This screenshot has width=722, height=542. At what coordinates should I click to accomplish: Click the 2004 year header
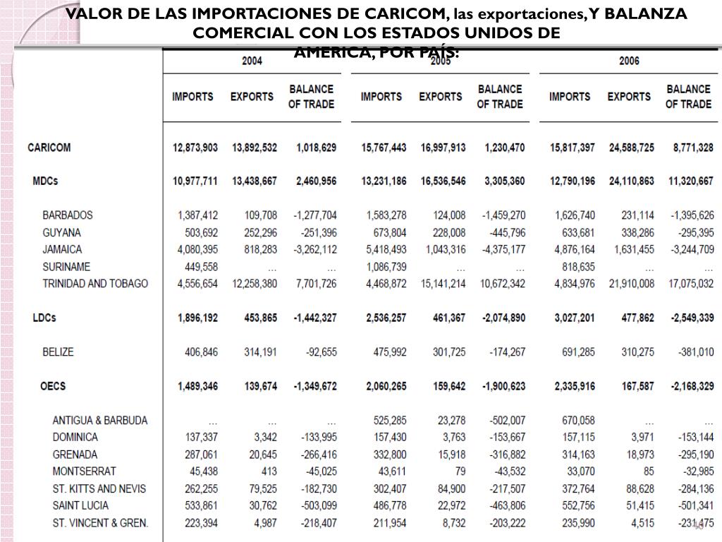coord(252,61)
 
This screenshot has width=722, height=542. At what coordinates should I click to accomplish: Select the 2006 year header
coord(629,61)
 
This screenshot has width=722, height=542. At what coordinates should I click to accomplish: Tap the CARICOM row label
coord(49,147)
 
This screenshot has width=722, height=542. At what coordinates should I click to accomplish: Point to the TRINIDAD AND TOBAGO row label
coord(95,284)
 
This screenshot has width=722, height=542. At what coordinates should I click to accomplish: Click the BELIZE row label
coord(58,351)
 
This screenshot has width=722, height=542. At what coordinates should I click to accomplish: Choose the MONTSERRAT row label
coord(84,471)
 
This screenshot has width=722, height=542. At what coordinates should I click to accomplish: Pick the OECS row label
coord(54,386)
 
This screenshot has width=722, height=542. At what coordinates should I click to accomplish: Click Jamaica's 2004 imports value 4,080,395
coord(195,250)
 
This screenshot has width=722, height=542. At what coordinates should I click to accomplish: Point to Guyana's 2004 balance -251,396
coord(315,233)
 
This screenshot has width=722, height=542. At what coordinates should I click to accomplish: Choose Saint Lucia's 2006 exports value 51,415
coord(640,506)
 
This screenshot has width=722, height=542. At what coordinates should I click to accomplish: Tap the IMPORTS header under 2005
coord(381,97)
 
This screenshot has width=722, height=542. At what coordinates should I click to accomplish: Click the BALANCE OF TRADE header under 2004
coord(311,97)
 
